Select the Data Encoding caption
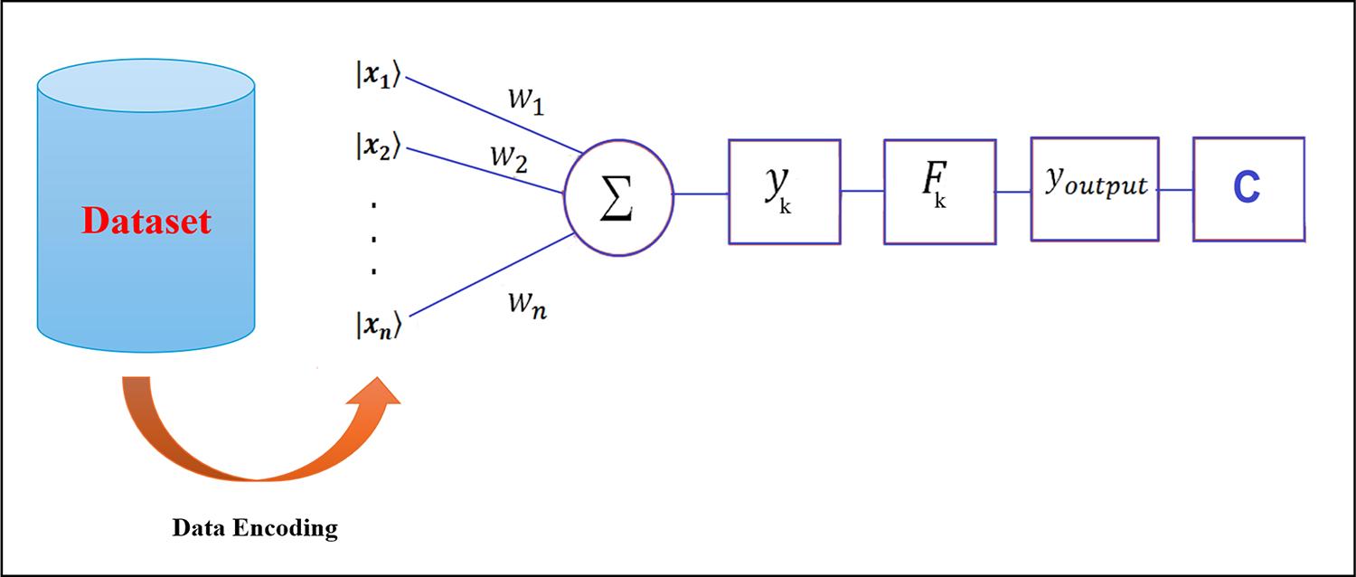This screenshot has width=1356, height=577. click(x=255, y=529)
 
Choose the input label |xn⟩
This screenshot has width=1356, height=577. click(x=378, y=325)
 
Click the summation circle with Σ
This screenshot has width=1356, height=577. click(x=617, y=194)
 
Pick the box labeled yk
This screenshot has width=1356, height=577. click(x=785, y=191)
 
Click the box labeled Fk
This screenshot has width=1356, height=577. click(x=939, y=191)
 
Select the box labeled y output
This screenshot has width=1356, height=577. click(x=1095, y=189)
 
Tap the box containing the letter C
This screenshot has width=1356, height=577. click(x=1248, y=189)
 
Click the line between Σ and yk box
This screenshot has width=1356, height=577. click(x=701, y=194)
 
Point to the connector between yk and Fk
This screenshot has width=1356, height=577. click(x=862, y=191)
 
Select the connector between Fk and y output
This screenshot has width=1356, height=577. click(x=1013, y=191)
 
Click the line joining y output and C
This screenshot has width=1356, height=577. click(x=1176, y=190)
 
